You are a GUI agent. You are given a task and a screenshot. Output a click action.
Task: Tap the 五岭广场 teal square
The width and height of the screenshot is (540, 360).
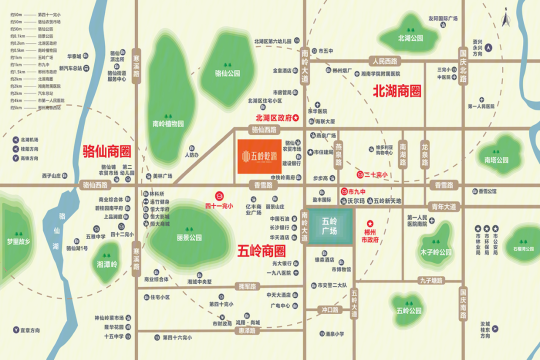(x=329, y=226)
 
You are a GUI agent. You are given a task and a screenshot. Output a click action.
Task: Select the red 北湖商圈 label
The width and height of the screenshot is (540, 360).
(x=397, y=91)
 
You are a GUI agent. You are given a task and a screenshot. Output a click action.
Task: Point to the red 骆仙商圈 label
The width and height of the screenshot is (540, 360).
(x=106, y=150)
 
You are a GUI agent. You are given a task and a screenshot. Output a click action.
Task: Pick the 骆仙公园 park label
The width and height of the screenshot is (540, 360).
(x=227, y=73)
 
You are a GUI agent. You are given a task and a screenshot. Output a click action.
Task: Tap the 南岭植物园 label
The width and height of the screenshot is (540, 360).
(x=168, y=123)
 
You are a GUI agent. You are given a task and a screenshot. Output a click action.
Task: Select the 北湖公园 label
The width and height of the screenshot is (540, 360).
(x=411, y=38)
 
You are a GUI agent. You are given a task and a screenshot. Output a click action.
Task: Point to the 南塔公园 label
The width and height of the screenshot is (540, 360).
(x=496, y=160)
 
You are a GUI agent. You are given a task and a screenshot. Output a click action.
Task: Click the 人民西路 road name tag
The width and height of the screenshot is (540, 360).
(x=384, y=61)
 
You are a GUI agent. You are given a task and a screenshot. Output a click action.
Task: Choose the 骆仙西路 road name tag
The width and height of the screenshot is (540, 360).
(x=264, y=130)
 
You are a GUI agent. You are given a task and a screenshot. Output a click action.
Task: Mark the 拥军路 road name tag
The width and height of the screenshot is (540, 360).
(x=247, y=287)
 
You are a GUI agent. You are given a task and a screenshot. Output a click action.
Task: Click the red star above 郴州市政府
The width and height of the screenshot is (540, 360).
(x=370, y=223)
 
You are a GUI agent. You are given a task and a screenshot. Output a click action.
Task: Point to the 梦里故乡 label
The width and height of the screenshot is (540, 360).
(x=18, y=241)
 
